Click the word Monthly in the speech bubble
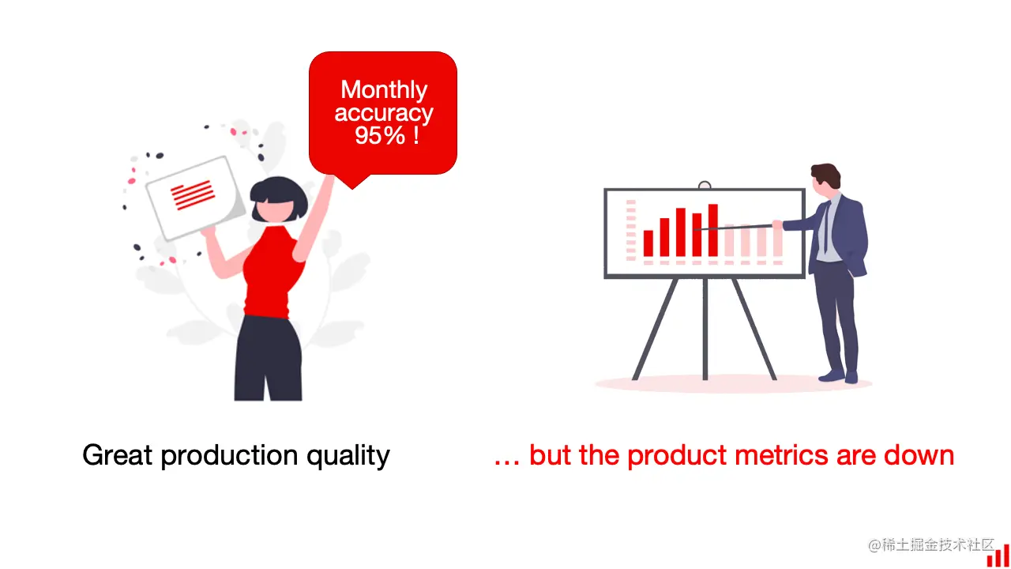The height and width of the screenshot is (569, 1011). (x=384, y=90)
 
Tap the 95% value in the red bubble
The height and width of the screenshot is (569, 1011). (x=380, y=135)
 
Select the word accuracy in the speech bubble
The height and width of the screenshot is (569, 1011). (x=384, y=112)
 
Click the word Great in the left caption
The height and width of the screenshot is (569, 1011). (x=117, y=454)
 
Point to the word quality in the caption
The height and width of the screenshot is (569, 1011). (x=348, y=456)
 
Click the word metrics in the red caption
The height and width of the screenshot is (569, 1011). (x=781, y=454)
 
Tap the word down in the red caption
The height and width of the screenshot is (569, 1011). (x=919, y=454)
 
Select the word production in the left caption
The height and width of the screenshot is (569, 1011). (x=229, y=456)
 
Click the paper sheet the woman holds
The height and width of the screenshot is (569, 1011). (x=195, y=198)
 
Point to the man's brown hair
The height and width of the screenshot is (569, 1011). (x=827, y=174)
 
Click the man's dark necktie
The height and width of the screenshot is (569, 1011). (x=826, y=227)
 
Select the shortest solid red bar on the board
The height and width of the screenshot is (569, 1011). (x=648, y=243)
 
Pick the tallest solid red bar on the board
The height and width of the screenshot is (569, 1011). (x=713, y=230)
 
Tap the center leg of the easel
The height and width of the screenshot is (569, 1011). (x=705, y=329)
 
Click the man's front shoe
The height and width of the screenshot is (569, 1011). (x=831, y=375)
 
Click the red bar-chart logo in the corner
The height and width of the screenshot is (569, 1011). (x=998, y=555)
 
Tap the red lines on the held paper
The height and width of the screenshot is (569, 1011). (x=193, y=194)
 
